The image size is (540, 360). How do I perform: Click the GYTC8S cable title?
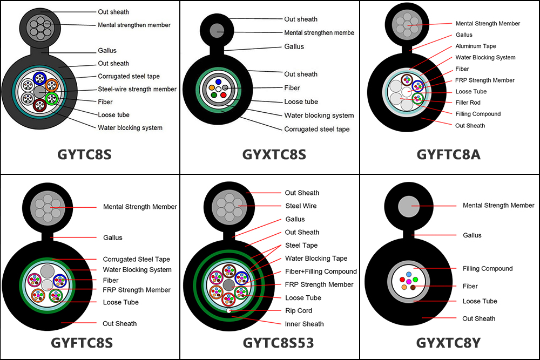pyautogui.click(x=85, y=154)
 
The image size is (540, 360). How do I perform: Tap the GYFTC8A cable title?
pyautogui.click(x=448, y=154)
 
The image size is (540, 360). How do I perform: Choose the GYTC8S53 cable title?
pyautogui.click(x=271, y=343)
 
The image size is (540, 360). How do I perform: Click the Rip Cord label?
pyautogui.click(x=299, y=311)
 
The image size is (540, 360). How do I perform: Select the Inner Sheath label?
pyautogui.click(x=304, y=324)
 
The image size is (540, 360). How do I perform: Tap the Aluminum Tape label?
pyautogui.click(x=475, y=46)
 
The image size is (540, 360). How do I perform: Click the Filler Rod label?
pyautogui.click(x=468, y=103)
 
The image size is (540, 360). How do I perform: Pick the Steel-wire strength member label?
pyautogui.click(x=137, y=89)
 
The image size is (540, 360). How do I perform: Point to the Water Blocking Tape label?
pyautogui.click(x=316, y=259)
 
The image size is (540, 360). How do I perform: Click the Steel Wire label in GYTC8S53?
pyautogui.click(x=301, y=206)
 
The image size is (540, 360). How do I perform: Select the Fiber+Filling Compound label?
pyautogui.click(x=321, y=271)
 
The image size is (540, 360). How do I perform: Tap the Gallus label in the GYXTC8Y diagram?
pyautogui.click(x=472, y=235)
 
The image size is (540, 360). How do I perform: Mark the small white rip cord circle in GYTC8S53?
pyautogui.click(x=229, y=311)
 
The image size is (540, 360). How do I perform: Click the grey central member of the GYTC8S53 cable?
pyautogui.click(x=229, y=284)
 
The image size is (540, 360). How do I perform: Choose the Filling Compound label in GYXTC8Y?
pyautogui.click(x=488, y=268)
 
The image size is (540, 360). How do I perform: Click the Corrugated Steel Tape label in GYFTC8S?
pyautogui.click(x=136, y=260)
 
